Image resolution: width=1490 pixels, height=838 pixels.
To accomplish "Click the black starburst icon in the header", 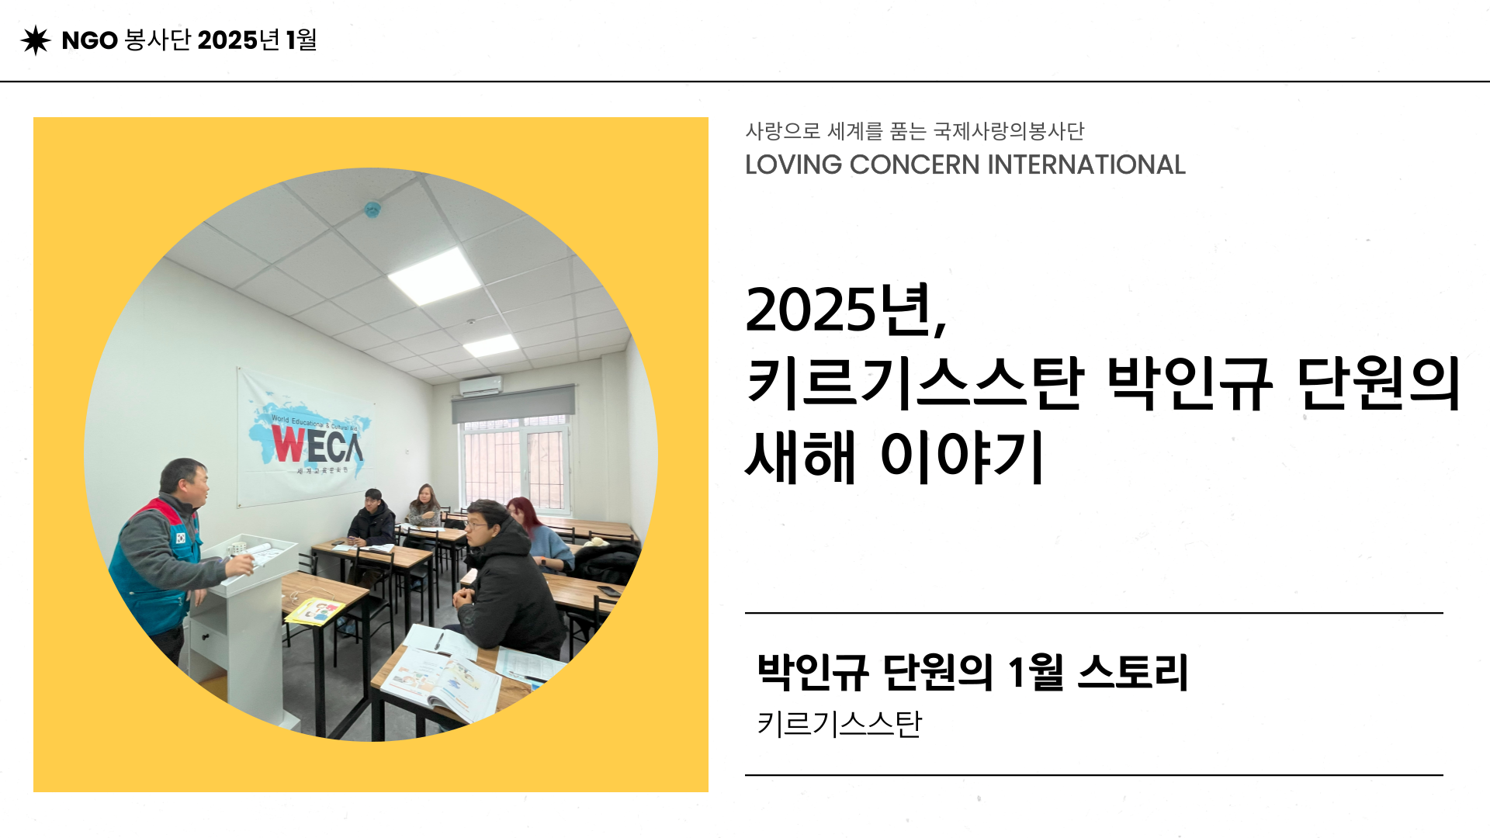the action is point(36,40).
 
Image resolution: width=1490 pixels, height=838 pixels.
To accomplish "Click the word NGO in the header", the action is point(89,40).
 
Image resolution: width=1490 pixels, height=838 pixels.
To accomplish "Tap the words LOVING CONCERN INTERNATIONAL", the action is point(965,164).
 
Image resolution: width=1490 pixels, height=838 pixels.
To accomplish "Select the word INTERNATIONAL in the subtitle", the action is point(1086,164).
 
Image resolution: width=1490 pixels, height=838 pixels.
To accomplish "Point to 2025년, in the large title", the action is point(846,310).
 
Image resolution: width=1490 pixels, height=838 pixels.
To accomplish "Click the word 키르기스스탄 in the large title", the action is point(914,383).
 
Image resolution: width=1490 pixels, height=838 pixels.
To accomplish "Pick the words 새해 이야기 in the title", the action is point(895,456).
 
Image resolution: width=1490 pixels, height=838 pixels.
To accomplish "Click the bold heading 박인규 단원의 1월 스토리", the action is point(972,672).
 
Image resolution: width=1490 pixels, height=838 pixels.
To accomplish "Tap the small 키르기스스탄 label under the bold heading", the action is point(839,724).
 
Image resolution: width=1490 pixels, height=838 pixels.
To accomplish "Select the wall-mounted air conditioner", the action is point(480,386).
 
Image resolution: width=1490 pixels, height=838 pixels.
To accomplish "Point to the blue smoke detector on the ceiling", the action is point(372,209).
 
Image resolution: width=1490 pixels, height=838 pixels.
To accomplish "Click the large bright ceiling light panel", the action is point(434,276).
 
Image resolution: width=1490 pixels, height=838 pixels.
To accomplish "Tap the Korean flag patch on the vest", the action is point(181,537).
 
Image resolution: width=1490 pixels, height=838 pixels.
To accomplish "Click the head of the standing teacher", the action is point(185,481).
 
